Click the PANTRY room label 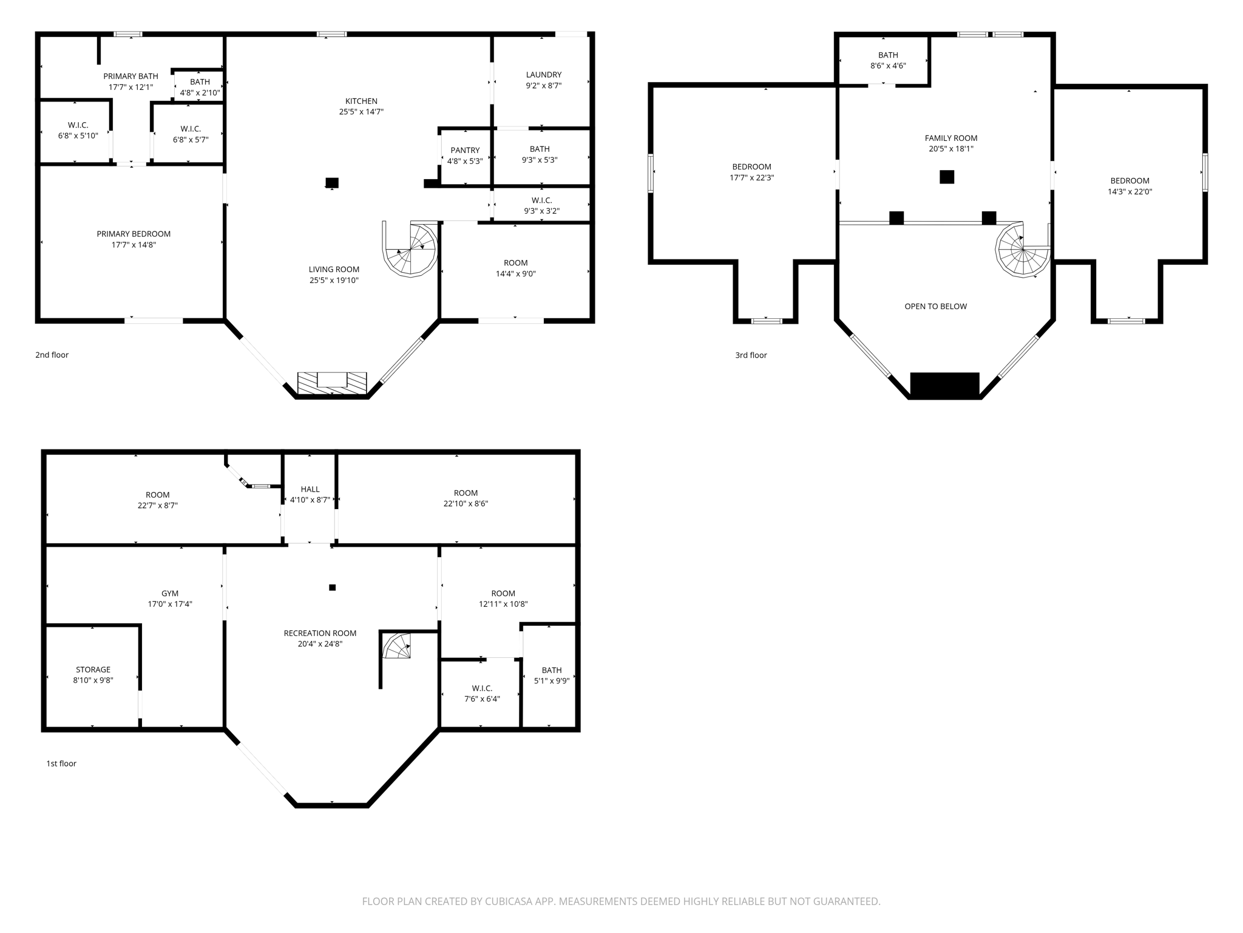tap(465, 150)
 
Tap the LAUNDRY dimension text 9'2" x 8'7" tap(543, 86)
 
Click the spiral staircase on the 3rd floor tap(1023, 250)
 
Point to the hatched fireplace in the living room tap(332, 383)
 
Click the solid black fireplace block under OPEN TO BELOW tap(944, 385)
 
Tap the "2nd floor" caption tap(52, 355)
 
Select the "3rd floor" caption tap(751, 355)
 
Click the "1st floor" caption tap(61, 764)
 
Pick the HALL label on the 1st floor tap(310, 489)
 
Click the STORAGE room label tap(93, 669)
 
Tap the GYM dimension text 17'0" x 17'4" tap(170, 604)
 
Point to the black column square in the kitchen tap(332, 182)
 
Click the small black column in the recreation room tap(332, 587)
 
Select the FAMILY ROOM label tap(950, 138)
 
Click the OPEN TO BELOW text tap(935, 306)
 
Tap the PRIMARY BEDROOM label tap(134, 234)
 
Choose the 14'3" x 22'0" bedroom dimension tap(1130, 191)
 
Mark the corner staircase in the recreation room tap(398, 646)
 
